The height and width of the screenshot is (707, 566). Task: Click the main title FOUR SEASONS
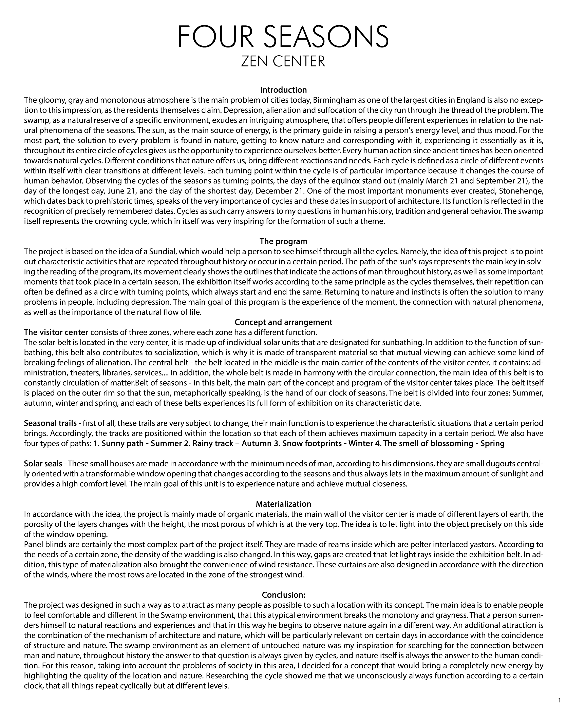pyautogui.click(x=283, y=37)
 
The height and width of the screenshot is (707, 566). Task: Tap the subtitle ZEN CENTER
pyautogui.click(x=283, y=61)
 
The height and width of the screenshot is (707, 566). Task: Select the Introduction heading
pyautogui.click(x=283, y=90)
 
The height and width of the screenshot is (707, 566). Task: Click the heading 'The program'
pyautogui.click(x=283, y=241)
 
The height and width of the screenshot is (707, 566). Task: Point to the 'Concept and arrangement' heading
pyautogui.click(x=283, y=322)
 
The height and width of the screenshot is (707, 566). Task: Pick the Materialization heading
pyautogui.click(x=283, y=504)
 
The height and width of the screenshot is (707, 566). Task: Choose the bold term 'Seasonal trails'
pyautogui.click(x=50, y=423)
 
